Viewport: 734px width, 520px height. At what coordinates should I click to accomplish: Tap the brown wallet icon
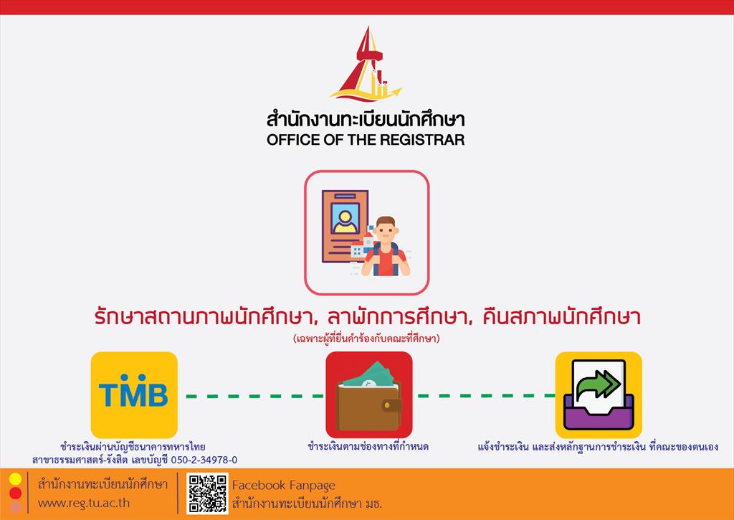click(369, 406)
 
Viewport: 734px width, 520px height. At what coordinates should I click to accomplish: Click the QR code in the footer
click(207, 493)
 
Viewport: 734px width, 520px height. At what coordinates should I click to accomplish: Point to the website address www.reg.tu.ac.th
click(84, 503)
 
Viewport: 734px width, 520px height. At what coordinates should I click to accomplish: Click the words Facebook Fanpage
click(284, 486)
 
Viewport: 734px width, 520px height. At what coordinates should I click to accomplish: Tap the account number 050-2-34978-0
click(204, 460)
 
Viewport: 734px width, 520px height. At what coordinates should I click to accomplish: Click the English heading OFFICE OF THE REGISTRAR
click(366, 140)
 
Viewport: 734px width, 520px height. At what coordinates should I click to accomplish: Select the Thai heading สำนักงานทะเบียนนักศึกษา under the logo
click(366, 119)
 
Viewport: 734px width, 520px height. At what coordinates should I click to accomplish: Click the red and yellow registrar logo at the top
click(366, 64)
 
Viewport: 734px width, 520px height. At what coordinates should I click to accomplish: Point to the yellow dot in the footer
click(16, 479)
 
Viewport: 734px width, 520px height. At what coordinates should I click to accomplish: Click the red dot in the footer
click(16, 493)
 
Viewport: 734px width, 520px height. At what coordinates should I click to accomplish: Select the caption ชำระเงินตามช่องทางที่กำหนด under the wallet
click(368, 446)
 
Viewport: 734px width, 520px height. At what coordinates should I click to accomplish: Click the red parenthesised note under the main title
click(366, 339)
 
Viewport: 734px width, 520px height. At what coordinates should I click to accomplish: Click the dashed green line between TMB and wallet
click(255, 397)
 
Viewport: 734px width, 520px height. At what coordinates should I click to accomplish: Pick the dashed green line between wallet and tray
click(485, 396)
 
